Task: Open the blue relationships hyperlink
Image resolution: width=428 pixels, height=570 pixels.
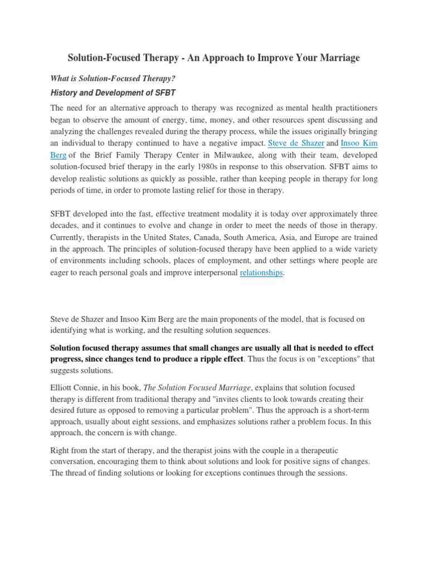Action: (x=261, y=273)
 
